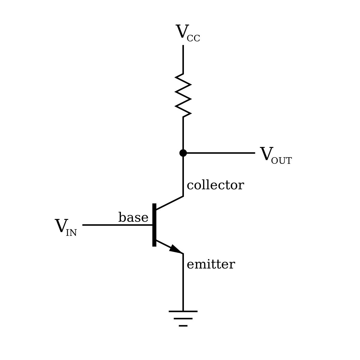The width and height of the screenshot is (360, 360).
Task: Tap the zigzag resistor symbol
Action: click(183, 95)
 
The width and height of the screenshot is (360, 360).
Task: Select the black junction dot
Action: click(183, 153)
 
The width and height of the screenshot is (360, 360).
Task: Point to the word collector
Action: click(215, 185)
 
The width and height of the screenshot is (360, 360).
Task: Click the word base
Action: click(133, 217)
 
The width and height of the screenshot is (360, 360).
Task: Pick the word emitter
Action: click(211, 265)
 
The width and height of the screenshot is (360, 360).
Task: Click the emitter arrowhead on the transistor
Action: click(175, 249)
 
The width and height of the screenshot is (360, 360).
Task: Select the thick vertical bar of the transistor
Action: click(154, 225)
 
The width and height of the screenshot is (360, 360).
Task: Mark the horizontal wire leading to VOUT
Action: click(220, 153)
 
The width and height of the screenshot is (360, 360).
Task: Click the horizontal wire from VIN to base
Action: click(117, 225)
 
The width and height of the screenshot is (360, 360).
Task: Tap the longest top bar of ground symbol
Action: click(183, 311)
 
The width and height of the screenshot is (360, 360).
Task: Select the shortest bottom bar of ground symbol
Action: click(183, 325)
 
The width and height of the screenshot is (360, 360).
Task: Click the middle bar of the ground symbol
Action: click(183, 319)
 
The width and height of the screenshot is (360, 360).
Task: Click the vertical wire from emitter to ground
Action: click(183, 282)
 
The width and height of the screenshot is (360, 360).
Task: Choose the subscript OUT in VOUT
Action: click(281, 161)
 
